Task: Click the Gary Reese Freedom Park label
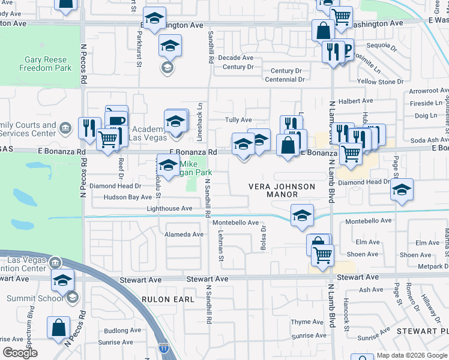[x=48, y=64]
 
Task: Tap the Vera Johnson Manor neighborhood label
[x=282, y=190]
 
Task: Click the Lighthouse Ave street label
[x=170, y=208]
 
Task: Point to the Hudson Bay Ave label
[x=127, y=197]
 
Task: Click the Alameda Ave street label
[x=184, y=235]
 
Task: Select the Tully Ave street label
[x=238, y=120]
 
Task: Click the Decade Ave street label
[x=235, y=58]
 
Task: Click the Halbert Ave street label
[x=351, y=101]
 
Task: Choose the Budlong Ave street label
[x=121, y=331]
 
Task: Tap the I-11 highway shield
[x=164, y=347]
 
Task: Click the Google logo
[x=21, y=353]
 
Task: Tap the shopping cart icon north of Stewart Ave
[x=323, y=255]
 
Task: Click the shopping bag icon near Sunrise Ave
[x=59, y=329]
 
